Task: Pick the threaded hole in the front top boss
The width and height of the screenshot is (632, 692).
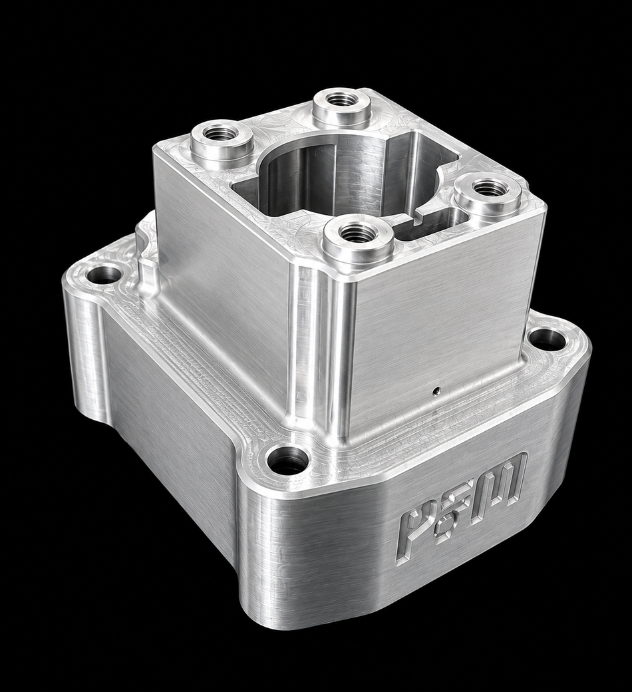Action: [x=357, y=232]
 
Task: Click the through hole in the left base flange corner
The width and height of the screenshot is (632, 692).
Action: [x=104, y=275]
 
